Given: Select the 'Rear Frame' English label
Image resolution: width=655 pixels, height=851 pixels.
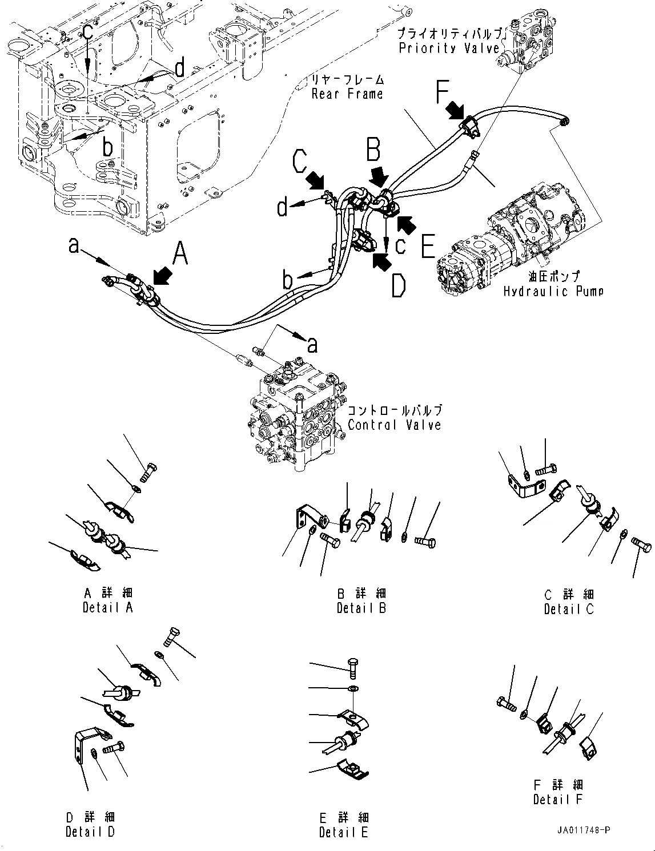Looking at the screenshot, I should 347,94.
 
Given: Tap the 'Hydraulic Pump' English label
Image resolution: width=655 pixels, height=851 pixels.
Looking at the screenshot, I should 553,292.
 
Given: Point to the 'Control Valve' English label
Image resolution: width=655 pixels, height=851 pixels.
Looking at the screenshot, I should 394,425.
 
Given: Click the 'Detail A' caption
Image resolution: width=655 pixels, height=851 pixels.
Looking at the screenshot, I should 107,607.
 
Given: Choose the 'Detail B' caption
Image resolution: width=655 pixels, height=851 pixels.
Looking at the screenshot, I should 361,608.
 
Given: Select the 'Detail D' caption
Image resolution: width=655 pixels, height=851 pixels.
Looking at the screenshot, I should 90,832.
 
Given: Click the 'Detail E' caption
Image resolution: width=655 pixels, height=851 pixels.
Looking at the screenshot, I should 344,832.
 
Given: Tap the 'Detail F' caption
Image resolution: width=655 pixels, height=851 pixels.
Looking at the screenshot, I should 557,800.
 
